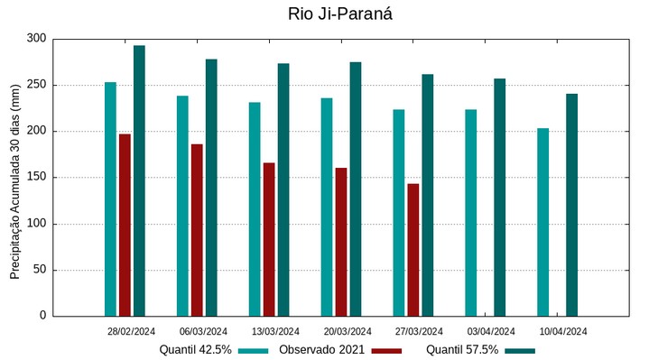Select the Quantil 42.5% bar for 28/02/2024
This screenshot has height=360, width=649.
tap(110, 198)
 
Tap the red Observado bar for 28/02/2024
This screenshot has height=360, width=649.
tap(125, 225)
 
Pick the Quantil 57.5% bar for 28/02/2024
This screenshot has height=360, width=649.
tap(139, 180)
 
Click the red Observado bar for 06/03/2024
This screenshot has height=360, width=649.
tap(197, 229)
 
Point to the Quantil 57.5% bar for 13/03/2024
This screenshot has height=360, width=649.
tap(283, 189)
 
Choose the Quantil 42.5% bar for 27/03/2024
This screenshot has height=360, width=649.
tap(399, 212)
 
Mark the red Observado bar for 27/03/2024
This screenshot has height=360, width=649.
tap(413, 249)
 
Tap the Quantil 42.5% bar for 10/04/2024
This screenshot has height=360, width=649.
tap(542, 222)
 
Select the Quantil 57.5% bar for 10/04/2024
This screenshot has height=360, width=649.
tap(571, 204)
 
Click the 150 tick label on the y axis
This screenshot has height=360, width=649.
tap(36, 178)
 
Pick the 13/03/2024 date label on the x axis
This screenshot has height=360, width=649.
tap(275, 331)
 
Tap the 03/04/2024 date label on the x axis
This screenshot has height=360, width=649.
tap(491, 331)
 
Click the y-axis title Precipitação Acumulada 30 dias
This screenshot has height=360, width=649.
tap(15, 178)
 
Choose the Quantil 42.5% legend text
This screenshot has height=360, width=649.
tap(196, 350)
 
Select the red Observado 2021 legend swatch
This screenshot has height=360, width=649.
tap(386, 350)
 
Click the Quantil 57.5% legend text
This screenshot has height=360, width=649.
tap(462, 350)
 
